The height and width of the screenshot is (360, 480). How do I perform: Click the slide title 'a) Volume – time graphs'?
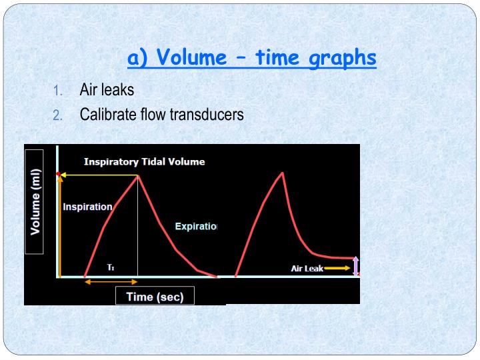pos(252,58)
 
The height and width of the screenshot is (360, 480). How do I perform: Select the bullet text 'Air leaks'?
pos(107,89)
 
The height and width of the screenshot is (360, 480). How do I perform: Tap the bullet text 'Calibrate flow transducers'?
pos(161,114)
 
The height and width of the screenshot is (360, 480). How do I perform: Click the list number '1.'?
pos(57,90)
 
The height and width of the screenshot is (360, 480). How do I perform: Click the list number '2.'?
pos(57,115)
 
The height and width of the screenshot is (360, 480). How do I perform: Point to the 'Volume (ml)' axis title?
pos(35,201)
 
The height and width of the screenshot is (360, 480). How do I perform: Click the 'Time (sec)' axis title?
pos(155,297)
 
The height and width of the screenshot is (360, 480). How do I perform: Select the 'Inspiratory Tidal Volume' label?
pos(144,161)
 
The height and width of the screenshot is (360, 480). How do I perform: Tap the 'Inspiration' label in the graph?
pos(87,207)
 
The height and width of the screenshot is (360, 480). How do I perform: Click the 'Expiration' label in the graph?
pos(196,227)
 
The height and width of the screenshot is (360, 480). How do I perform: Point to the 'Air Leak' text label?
pos(307,269)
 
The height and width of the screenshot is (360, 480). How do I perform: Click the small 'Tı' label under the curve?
pos(111,267)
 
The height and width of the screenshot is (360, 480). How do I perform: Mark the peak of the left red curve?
pos(137,175)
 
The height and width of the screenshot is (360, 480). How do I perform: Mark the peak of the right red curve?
pos(283,173)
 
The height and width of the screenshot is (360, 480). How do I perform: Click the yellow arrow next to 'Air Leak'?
pos(339,268)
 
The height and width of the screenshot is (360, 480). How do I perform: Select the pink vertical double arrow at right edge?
pos(355,266)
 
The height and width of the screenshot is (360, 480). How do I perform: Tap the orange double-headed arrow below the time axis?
pos(111,283)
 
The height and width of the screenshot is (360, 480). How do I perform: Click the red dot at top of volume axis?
pos(59,175)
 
